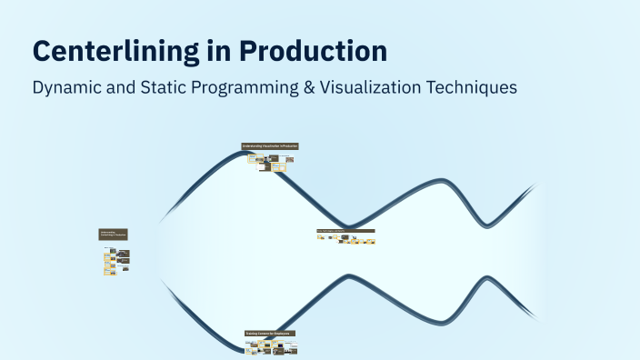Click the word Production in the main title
click(313, 51)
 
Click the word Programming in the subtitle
click(257, 88)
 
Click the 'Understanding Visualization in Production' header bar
click(270, 145)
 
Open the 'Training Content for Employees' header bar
click(270, 334)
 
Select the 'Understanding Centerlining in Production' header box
click(114, 234)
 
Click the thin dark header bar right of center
click(345, 231)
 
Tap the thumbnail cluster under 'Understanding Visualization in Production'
click(271, 163)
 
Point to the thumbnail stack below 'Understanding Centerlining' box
click(115, 261)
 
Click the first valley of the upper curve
click(347, 226)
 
